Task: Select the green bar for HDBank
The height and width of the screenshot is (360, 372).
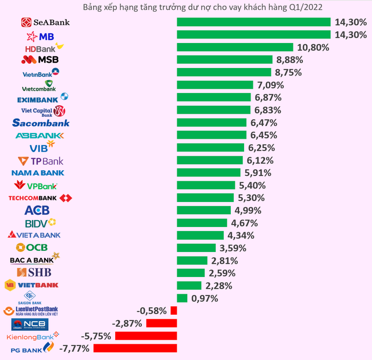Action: [235, 47]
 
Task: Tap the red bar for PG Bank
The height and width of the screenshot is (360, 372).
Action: [135, 348]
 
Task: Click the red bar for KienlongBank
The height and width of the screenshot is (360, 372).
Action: [146, 336]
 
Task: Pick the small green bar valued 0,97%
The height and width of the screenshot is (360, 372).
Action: [182, 298]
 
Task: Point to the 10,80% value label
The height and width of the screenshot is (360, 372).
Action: [313, 48]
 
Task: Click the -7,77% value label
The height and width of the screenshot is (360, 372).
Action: [73, 348]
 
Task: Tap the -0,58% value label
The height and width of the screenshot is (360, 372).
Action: [152, 311]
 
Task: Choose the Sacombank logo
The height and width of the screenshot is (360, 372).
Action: [41, 123]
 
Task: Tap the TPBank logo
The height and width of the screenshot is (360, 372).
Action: [41, 160]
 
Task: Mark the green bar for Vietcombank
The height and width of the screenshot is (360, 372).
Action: [215, 85]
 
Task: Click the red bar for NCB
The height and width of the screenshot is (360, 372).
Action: [162, 323]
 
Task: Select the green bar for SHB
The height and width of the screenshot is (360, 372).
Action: [191, 273]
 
